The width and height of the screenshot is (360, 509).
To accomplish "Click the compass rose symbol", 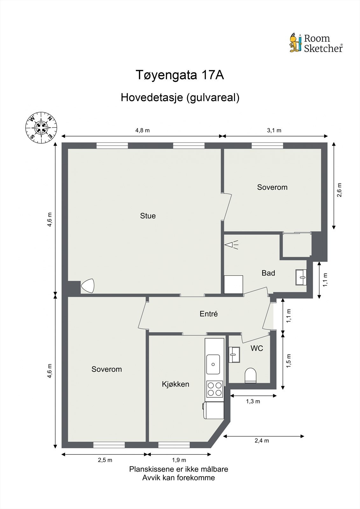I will [x=41, y=128].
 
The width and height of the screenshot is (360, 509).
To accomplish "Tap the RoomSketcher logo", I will [x=316, y=43].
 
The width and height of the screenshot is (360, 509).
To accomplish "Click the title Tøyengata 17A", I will [x=180, y=75].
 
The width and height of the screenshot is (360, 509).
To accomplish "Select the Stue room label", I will [x=148, y=216].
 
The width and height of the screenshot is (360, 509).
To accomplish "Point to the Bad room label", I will [x=268, y=273].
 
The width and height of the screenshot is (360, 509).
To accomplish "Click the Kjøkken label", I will [x=175, y=384].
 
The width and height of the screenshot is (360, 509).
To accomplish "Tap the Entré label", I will [x=208, y=314].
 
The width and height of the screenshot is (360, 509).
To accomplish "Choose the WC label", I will [x=257, y=348].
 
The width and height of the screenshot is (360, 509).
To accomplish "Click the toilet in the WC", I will [x=251, y=375].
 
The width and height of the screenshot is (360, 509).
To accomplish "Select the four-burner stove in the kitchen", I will [x=214, y=389].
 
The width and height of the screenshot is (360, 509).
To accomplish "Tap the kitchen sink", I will [x=213, y=364].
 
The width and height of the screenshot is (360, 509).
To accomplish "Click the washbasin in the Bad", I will [x=301, y=277].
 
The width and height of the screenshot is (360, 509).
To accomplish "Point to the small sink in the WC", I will [x=234, y=354].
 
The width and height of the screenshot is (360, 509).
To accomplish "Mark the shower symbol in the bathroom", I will [x=231, y=245].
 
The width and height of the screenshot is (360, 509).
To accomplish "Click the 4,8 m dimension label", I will [x=142, y=130].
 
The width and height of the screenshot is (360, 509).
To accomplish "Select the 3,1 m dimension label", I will [x=274, y=130].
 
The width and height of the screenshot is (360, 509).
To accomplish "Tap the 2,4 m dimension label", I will [x=262, y=441].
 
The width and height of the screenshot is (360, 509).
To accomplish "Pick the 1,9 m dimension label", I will [x=179, y=460].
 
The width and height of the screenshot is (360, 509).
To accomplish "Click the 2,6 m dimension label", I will [x=339, y=190].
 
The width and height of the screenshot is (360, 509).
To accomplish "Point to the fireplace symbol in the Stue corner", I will [x=88, y=286].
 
